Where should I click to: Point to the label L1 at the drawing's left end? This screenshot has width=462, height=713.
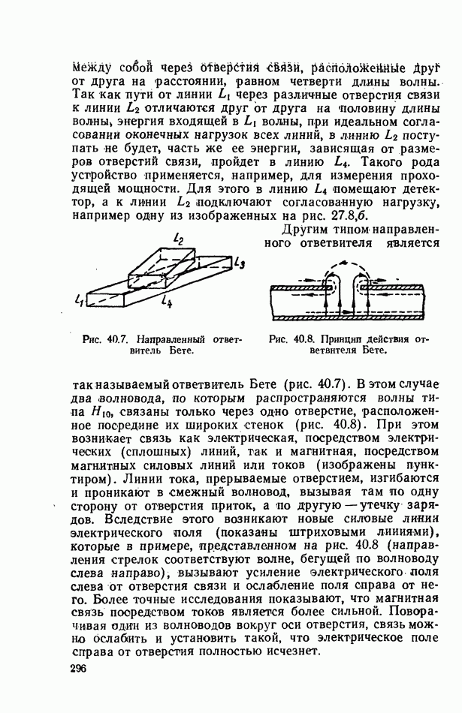[x=80, y=300]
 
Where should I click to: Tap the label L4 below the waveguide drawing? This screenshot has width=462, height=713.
[x=167, y=304]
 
